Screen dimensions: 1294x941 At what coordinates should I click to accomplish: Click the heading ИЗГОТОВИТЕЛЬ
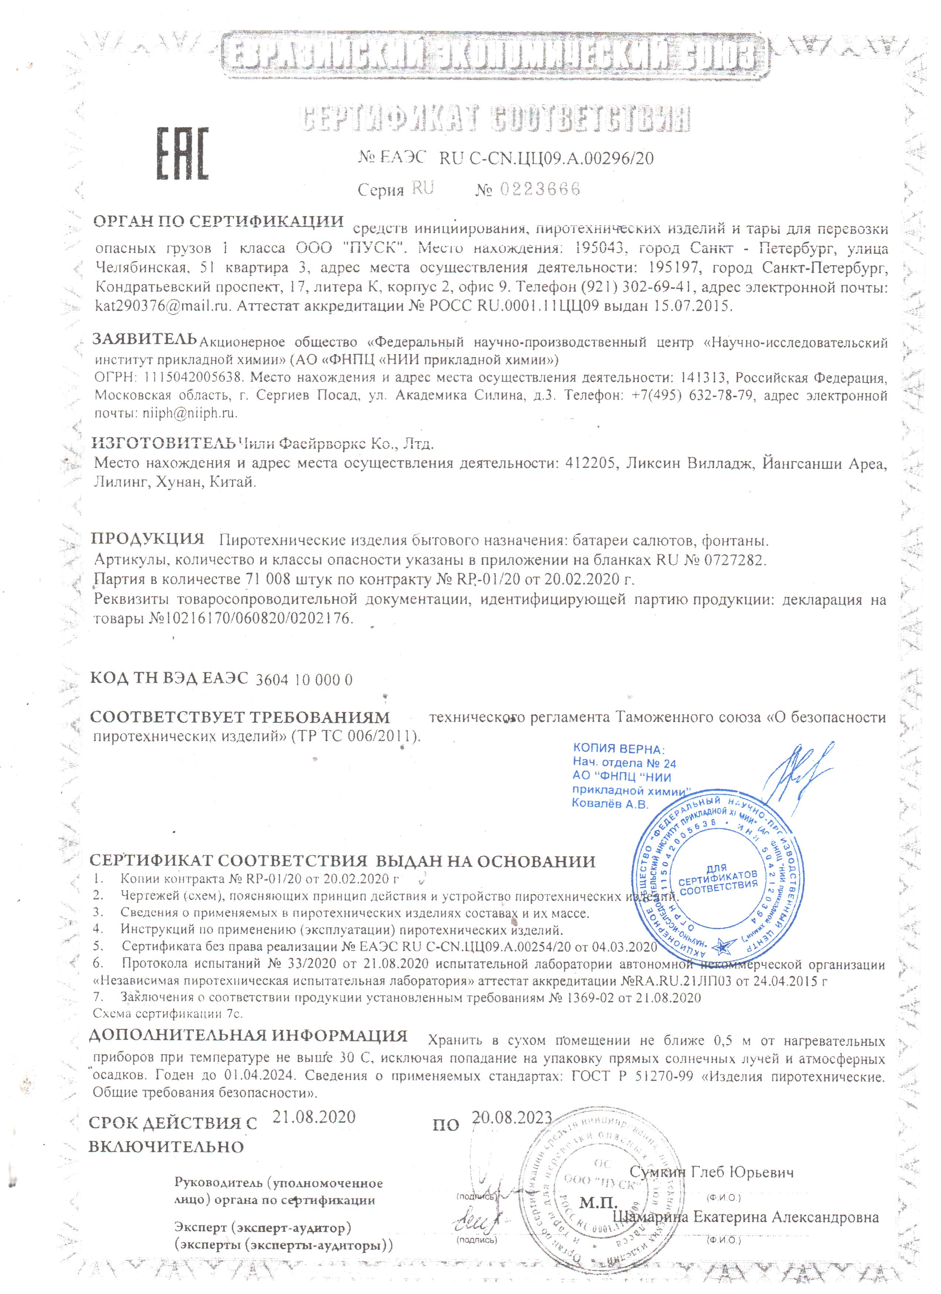click(164, 442)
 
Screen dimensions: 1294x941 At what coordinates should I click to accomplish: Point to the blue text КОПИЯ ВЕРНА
click(618, 748)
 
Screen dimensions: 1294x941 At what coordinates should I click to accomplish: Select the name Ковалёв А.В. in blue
click(610, 803)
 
